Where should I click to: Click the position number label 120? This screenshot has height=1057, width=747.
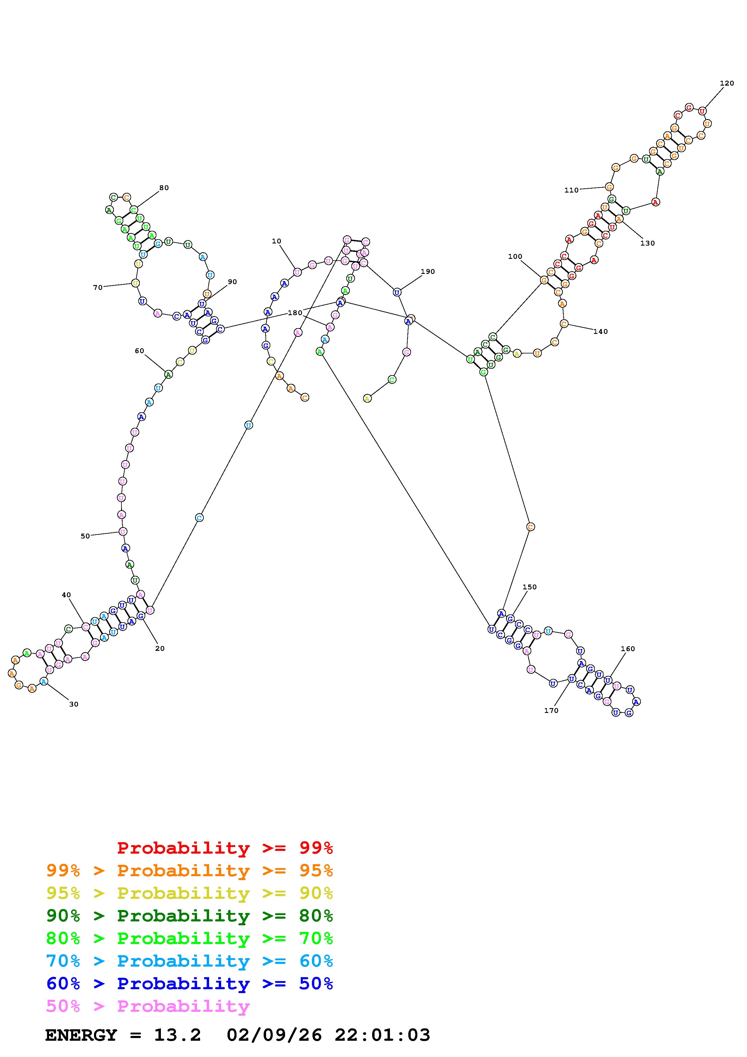click(727, 83)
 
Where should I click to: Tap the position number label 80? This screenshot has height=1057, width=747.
click(164, 188)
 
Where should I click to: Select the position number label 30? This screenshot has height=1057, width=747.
click(74, 704)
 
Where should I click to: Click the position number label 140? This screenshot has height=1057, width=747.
click(600, 331)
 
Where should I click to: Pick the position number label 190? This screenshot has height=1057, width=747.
click(428, 271)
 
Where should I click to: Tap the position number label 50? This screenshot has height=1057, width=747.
click(85, 536)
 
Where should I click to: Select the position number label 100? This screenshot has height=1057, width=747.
click(515, 257)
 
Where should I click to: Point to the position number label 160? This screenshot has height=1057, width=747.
click(627, 649)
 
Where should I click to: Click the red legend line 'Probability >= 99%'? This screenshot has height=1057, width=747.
click(225, 848)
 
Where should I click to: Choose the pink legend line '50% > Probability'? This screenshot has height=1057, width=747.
click(148, 1006)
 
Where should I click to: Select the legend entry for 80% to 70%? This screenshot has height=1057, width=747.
click(190, 938)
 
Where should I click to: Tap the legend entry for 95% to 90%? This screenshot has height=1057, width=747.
click(190, 893)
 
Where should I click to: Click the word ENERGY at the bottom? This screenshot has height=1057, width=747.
click(81, 1035)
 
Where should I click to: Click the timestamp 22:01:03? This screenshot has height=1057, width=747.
click(382, 1035)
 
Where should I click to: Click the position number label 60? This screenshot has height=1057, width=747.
click(139, 351)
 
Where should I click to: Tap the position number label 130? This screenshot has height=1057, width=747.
click(647, 243)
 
